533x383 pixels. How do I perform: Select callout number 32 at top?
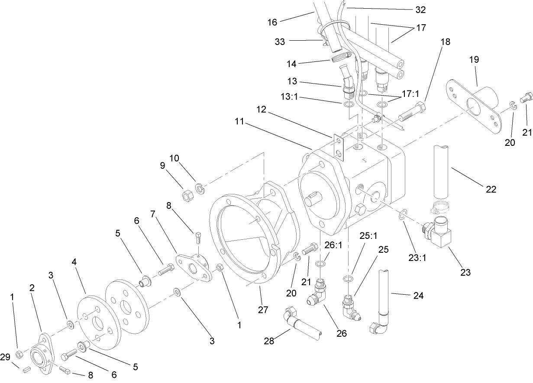pos(420,10)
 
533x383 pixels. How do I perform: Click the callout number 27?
pos(263,309)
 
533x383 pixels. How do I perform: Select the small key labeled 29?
pos(25,370)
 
